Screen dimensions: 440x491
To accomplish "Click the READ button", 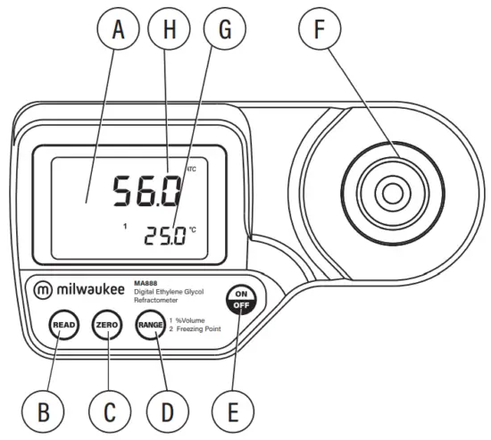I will tap(62, 324).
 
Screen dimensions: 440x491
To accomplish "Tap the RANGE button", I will tap(150, 325).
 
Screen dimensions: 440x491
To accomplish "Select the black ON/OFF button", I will tap(238, 299).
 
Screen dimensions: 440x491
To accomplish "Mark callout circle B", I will tap(42, 411).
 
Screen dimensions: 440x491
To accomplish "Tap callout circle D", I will tap(167, 411).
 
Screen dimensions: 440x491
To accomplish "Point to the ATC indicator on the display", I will tap(190, 168).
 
